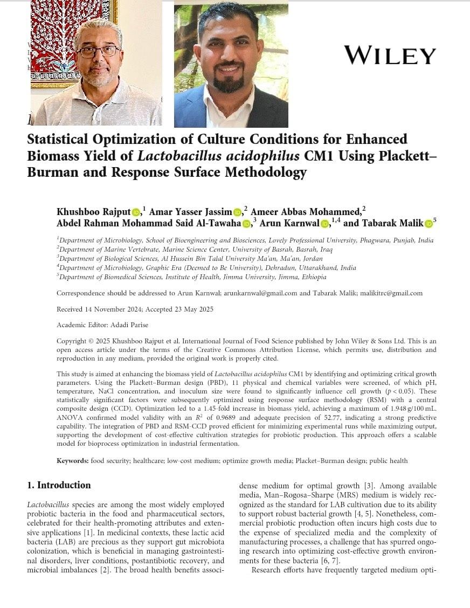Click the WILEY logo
coord(390,56)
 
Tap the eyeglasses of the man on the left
coord(99,52)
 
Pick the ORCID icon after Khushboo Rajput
coord(136,212)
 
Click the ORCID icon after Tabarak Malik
coord(428,224)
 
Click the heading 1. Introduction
coord(59,485)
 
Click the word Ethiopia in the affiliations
coord(311,277)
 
